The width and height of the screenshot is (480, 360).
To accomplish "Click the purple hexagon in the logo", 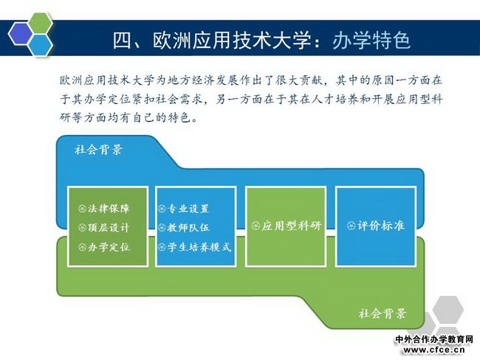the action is coord(21,33).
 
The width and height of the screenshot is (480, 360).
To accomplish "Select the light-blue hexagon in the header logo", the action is coord(41,45).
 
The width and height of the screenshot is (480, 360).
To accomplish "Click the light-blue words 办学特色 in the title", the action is coord(371,40).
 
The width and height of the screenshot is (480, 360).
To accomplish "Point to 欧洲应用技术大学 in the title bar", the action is coord(232,40).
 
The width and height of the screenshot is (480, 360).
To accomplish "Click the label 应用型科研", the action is coord(291,226).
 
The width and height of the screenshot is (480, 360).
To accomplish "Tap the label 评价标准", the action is coord(381,226).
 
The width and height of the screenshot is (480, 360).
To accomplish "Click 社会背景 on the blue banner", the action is coord(98,150).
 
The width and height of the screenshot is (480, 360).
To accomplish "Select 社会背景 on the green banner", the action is coord(383,314).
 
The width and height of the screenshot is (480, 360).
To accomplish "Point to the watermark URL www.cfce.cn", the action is coord(434,349).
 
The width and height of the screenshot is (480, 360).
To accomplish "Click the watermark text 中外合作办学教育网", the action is coord(434,339).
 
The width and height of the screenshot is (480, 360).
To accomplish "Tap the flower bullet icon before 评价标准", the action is coord(351,226).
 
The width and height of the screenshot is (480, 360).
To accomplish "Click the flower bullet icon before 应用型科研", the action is coord(256,226).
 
